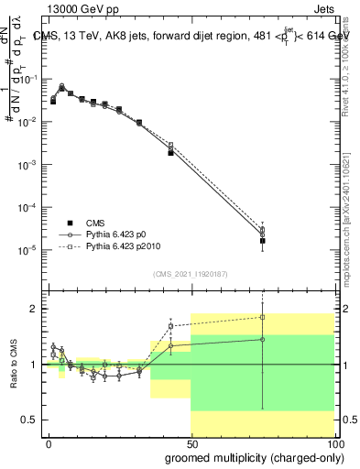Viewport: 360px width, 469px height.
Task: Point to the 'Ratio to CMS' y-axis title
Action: coord(14,365)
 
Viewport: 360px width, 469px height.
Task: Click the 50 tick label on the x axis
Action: coord(191,442)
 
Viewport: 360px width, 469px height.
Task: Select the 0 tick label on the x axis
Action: coord(48,442)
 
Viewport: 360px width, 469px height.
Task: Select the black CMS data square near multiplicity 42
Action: coord(171,153)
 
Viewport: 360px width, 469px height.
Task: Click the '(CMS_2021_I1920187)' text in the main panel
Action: coord(190,273)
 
